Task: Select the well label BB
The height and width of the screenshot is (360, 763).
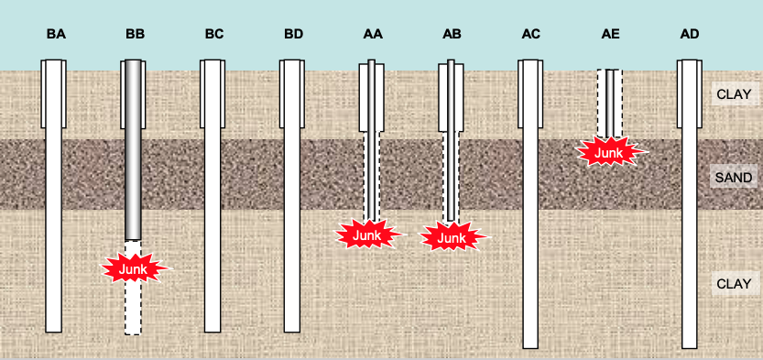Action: pos(135,34)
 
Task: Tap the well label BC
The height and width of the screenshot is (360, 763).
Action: pos(213,34)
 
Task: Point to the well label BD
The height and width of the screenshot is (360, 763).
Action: pos(293,34)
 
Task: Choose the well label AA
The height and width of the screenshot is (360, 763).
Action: pos(373,34)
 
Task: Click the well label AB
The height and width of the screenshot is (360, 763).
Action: pos(452,34)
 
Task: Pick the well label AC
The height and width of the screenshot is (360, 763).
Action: pos(531,34)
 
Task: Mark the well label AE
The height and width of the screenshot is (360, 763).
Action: pos(611,34)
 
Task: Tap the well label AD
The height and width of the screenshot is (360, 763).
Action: pos(691,34)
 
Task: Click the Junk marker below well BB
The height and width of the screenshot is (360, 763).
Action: pos(134,268)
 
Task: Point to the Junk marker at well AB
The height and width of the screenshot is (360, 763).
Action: pos(452,237)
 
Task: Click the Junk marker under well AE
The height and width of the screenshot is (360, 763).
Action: pos(609,152)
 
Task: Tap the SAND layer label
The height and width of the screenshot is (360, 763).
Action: pos(734,178)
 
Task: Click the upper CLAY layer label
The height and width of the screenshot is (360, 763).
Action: pos(734,93)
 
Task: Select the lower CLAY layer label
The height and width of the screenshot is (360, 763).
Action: pos(734,284)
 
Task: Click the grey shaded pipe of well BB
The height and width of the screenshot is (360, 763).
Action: pos(134,147)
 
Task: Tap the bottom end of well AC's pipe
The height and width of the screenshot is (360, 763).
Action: pos(530,344)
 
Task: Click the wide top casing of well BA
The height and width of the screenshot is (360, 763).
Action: pos(54,92)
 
